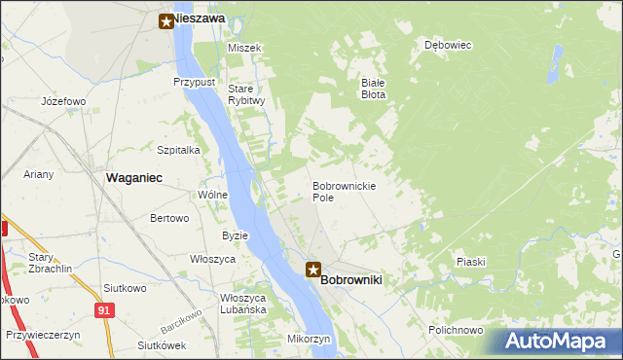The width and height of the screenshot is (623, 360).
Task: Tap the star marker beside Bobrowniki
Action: [312, 270]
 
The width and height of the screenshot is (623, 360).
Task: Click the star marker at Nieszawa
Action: [166, 18]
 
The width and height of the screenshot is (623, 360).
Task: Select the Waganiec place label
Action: [133, 177]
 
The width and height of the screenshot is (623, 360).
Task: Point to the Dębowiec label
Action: [448, 45]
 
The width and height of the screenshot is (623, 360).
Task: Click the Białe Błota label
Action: [374, 89]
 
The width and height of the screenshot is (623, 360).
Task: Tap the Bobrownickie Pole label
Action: [345, 191]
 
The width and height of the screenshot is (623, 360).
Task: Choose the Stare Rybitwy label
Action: [246, 94]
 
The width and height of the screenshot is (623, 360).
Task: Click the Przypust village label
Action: [194, 83]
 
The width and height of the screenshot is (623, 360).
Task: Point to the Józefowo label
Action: [64, 101]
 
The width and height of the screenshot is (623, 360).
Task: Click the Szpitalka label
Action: [178, 150]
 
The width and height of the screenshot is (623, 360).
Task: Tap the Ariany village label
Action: [40, 174]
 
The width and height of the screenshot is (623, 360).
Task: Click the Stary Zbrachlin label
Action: [46, 263]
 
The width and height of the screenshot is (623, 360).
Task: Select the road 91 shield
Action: [104, 308]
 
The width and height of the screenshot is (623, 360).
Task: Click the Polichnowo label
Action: [456, 330]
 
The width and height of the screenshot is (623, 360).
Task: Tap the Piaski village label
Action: [471, 263]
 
